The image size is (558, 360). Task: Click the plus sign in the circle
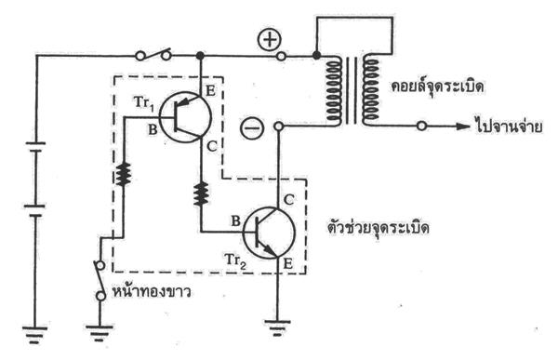268,40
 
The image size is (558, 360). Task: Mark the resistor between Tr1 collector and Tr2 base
200,191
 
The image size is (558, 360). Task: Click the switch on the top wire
154,54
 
